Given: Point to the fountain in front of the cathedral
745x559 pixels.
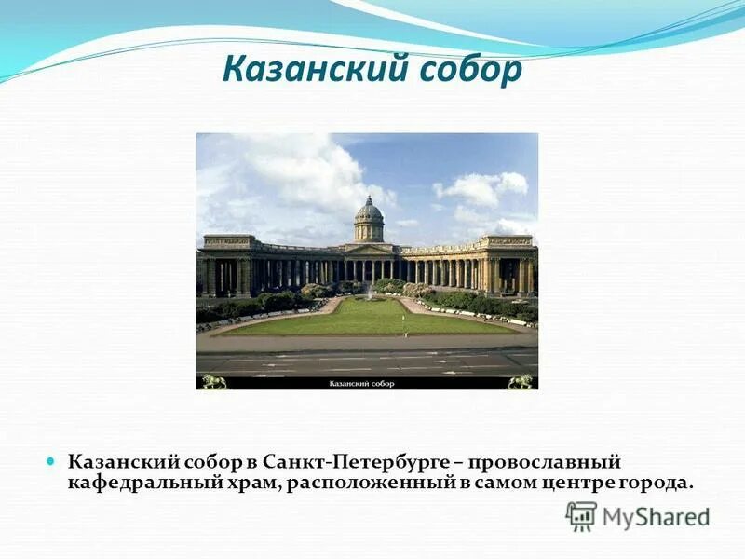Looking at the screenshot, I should point(370,294).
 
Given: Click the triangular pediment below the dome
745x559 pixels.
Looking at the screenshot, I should point(370,249).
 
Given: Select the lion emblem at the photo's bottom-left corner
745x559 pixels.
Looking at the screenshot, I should point(214,381).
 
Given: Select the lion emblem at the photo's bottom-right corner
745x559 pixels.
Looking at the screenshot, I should point(521,381).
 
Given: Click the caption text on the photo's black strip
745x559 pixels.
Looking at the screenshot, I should point(361,383).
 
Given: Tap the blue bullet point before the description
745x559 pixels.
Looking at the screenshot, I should point(52,461).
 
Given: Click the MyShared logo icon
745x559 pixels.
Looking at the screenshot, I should point(581,515).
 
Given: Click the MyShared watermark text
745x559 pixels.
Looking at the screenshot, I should point(656,517).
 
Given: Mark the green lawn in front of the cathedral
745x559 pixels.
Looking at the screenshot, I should point(368,318).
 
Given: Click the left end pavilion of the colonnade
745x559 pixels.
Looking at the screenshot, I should point(229,266).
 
